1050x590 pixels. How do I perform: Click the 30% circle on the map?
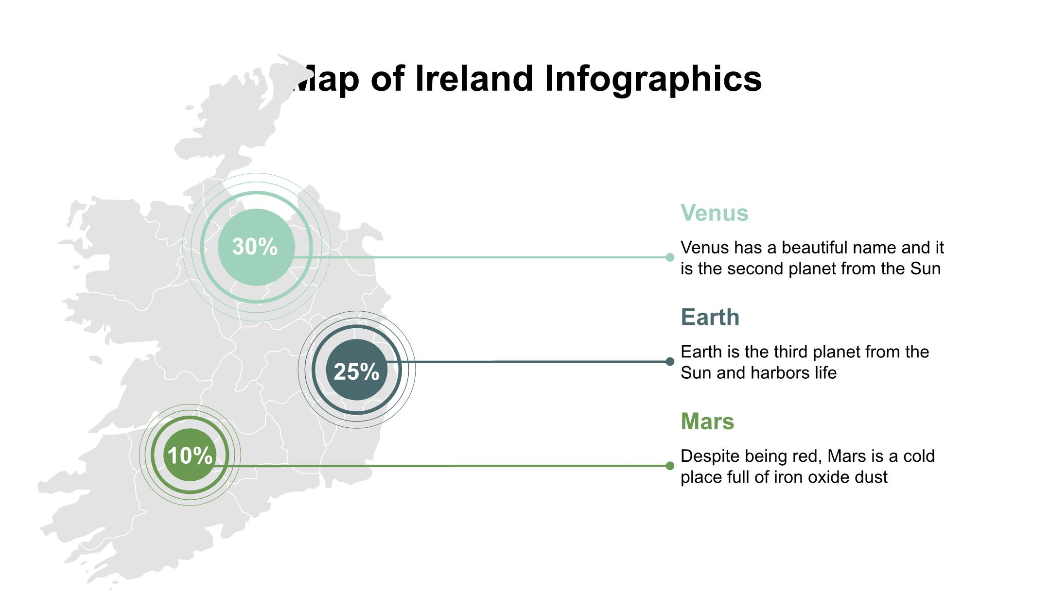tap(256, 247)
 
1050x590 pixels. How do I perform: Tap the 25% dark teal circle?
tap(357, 370)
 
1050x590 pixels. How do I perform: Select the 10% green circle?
tap(190, 455)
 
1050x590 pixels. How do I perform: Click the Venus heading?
tap(714, 213)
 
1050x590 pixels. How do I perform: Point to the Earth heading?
tap(710, 318)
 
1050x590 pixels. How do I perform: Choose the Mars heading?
tap(707, 421)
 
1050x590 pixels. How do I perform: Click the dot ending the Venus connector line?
tap(670, 257)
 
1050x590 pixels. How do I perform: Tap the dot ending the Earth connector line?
tap(670, 361)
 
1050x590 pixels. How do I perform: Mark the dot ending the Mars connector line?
tap(670, 466)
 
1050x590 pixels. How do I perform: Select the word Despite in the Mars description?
tap(710, 456)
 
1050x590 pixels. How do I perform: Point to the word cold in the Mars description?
tap(919, 456)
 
